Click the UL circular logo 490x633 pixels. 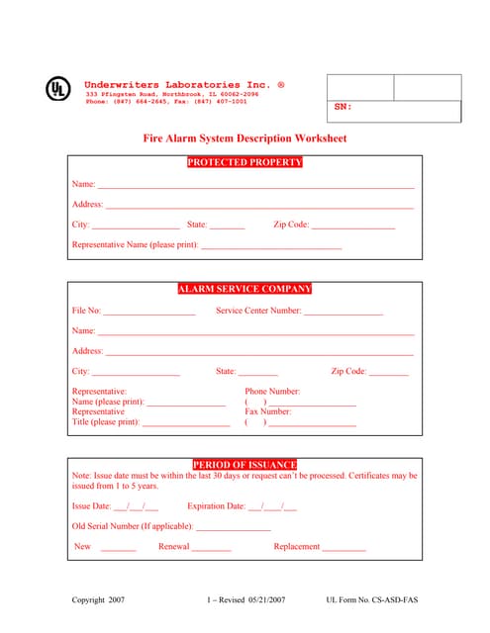tap(58, 89)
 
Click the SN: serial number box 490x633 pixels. tap(393, 109)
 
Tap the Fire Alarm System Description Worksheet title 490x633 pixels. tap(245, 139)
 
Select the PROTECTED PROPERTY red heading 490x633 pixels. tap(245, 162)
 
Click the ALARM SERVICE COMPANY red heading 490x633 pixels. tap(245, 289)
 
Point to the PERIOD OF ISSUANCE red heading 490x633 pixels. tap(245, 464)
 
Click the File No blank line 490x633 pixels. tap(149, 314)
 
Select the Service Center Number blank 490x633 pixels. tap(343, 314)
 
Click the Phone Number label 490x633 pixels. tap(272, 392)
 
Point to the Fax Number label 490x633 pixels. tap(268, 411)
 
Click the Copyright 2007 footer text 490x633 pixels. tap(99, 600)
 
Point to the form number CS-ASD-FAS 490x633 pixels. tap(371, 600)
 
